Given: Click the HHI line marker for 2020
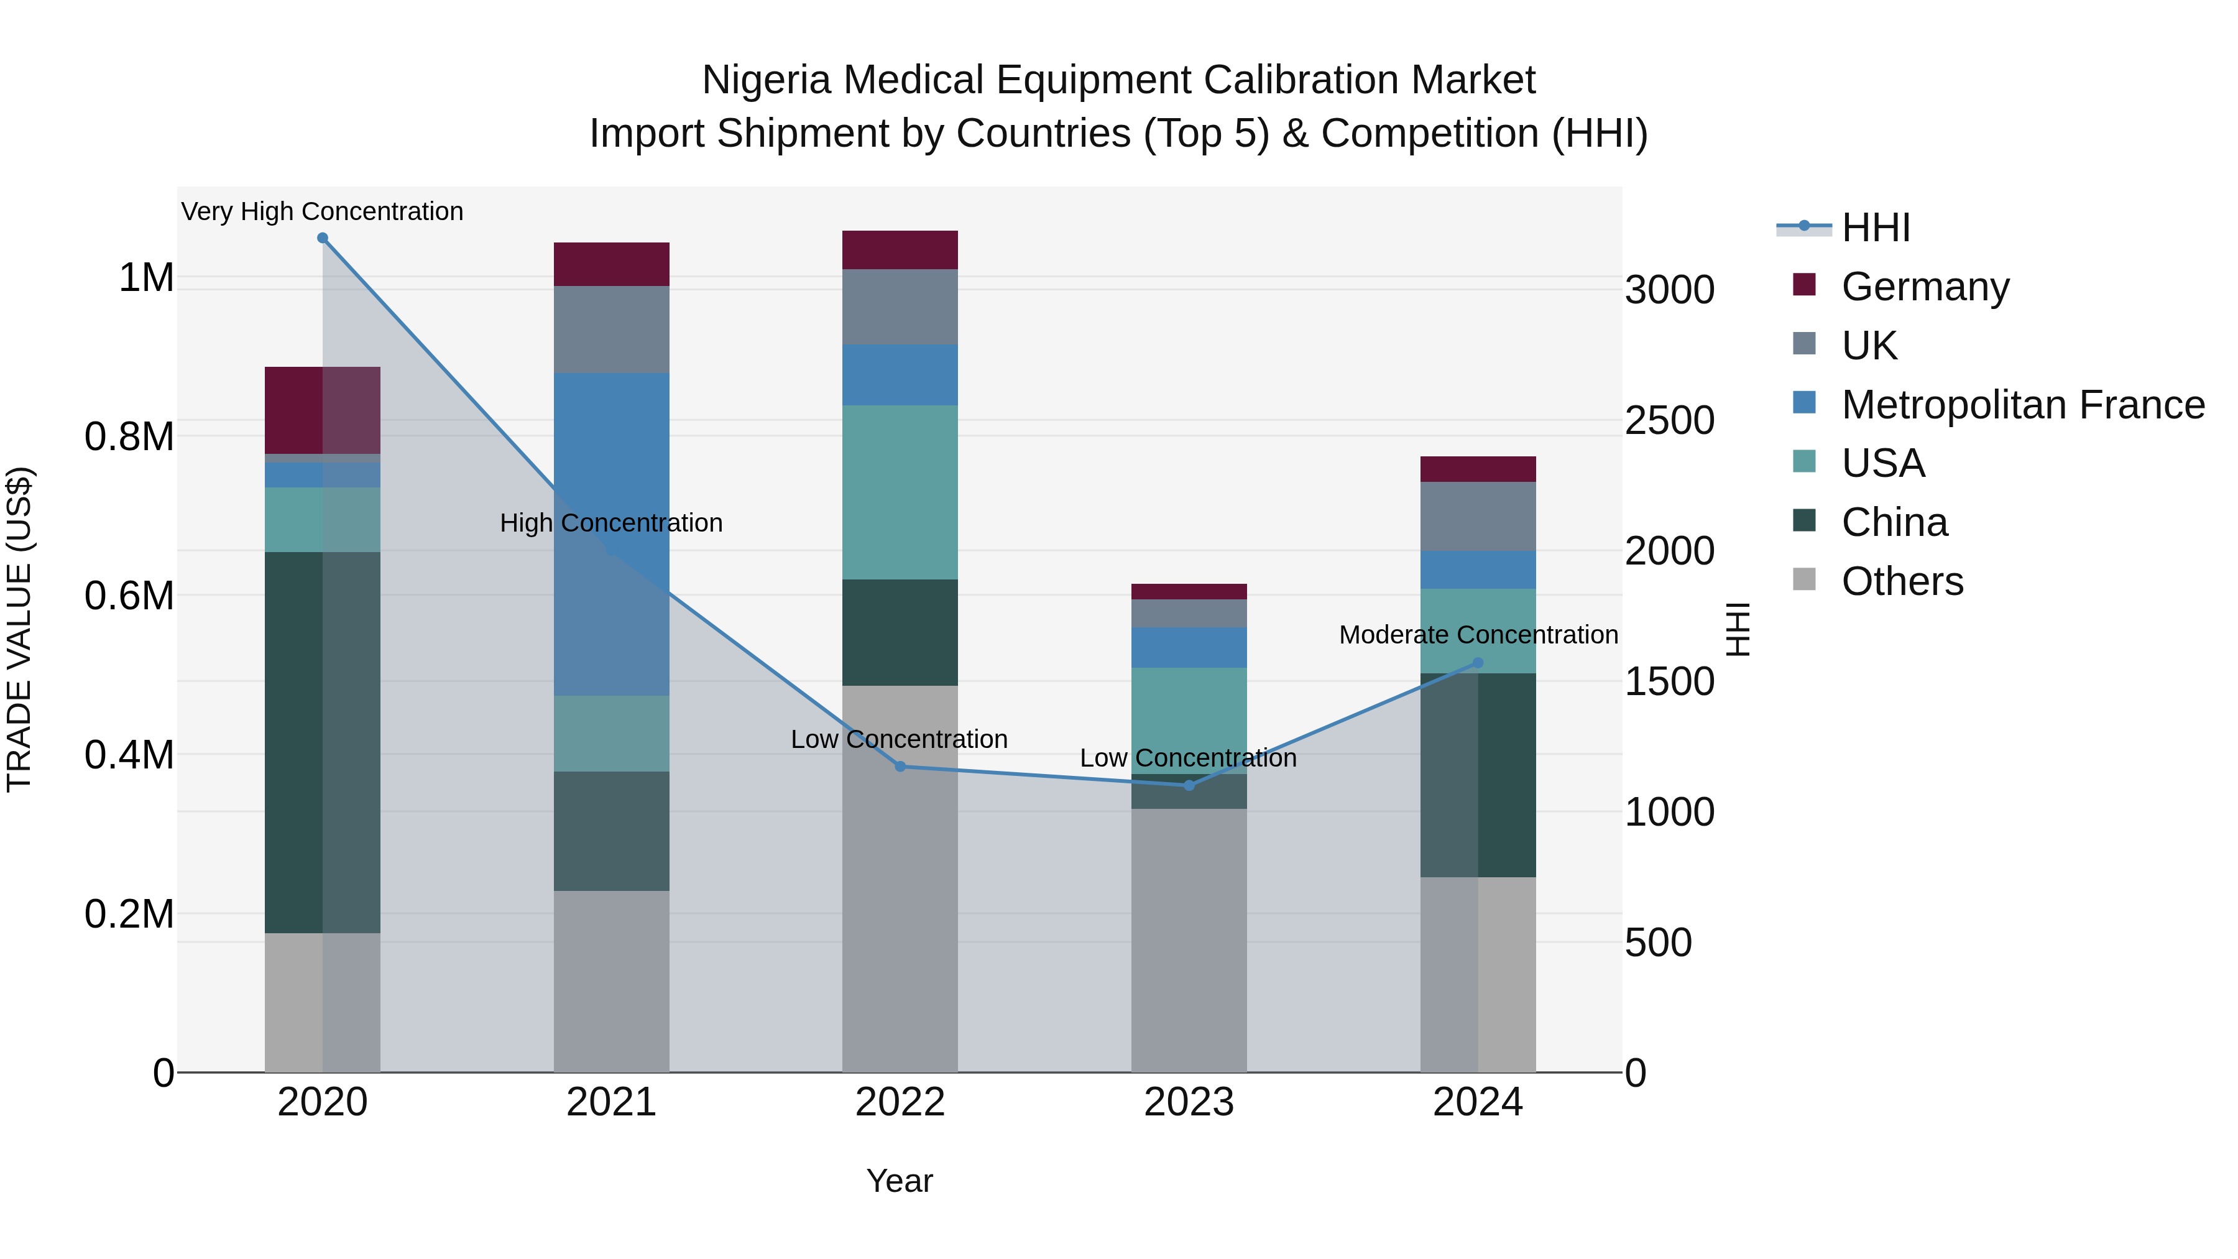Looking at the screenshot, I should (x=322, y=238).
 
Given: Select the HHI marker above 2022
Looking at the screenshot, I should (x=900, y=767).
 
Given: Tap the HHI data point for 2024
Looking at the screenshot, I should (x=1478, y=663).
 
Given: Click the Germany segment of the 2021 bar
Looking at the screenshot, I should (x=612, y=264).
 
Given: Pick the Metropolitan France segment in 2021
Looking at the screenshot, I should (x=612, y=533).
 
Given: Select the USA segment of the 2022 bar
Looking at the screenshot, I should (x=900, y=492).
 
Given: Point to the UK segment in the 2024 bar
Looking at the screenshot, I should (x=1478, y=516).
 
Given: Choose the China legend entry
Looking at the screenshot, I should (x=1894, y=522).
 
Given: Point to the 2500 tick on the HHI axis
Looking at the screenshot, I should (x=1669, y=420).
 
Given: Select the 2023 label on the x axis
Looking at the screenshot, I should (x=1189, y=1102).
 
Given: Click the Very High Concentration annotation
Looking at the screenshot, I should (x=322, y=211).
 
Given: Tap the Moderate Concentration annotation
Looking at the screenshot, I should (x=1478, y=635).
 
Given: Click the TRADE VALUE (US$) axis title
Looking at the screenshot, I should (x=20, y=629).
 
